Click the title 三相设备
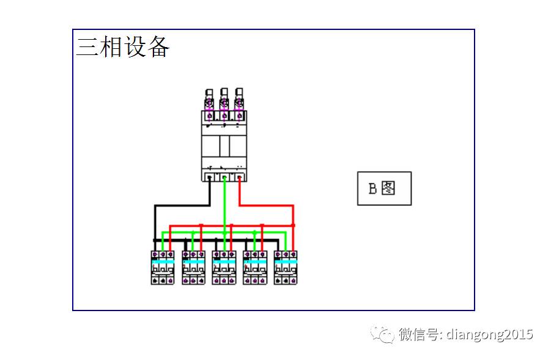[122, 47]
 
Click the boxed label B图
[383, 188]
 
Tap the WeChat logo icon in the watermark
[383, 334]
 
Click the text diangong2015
[489, 334]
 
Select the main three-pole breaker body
[224, 145]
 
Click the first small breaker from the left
[163, 267]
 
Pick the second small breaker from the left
[193, 267]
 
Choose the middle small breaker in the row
[224, 267]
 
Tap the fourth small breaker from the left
[254, 267]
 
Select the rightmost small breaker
[286, 267]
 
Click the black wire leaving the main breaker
[210, 193]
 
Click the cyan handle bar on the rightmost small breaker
[286, 261]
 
